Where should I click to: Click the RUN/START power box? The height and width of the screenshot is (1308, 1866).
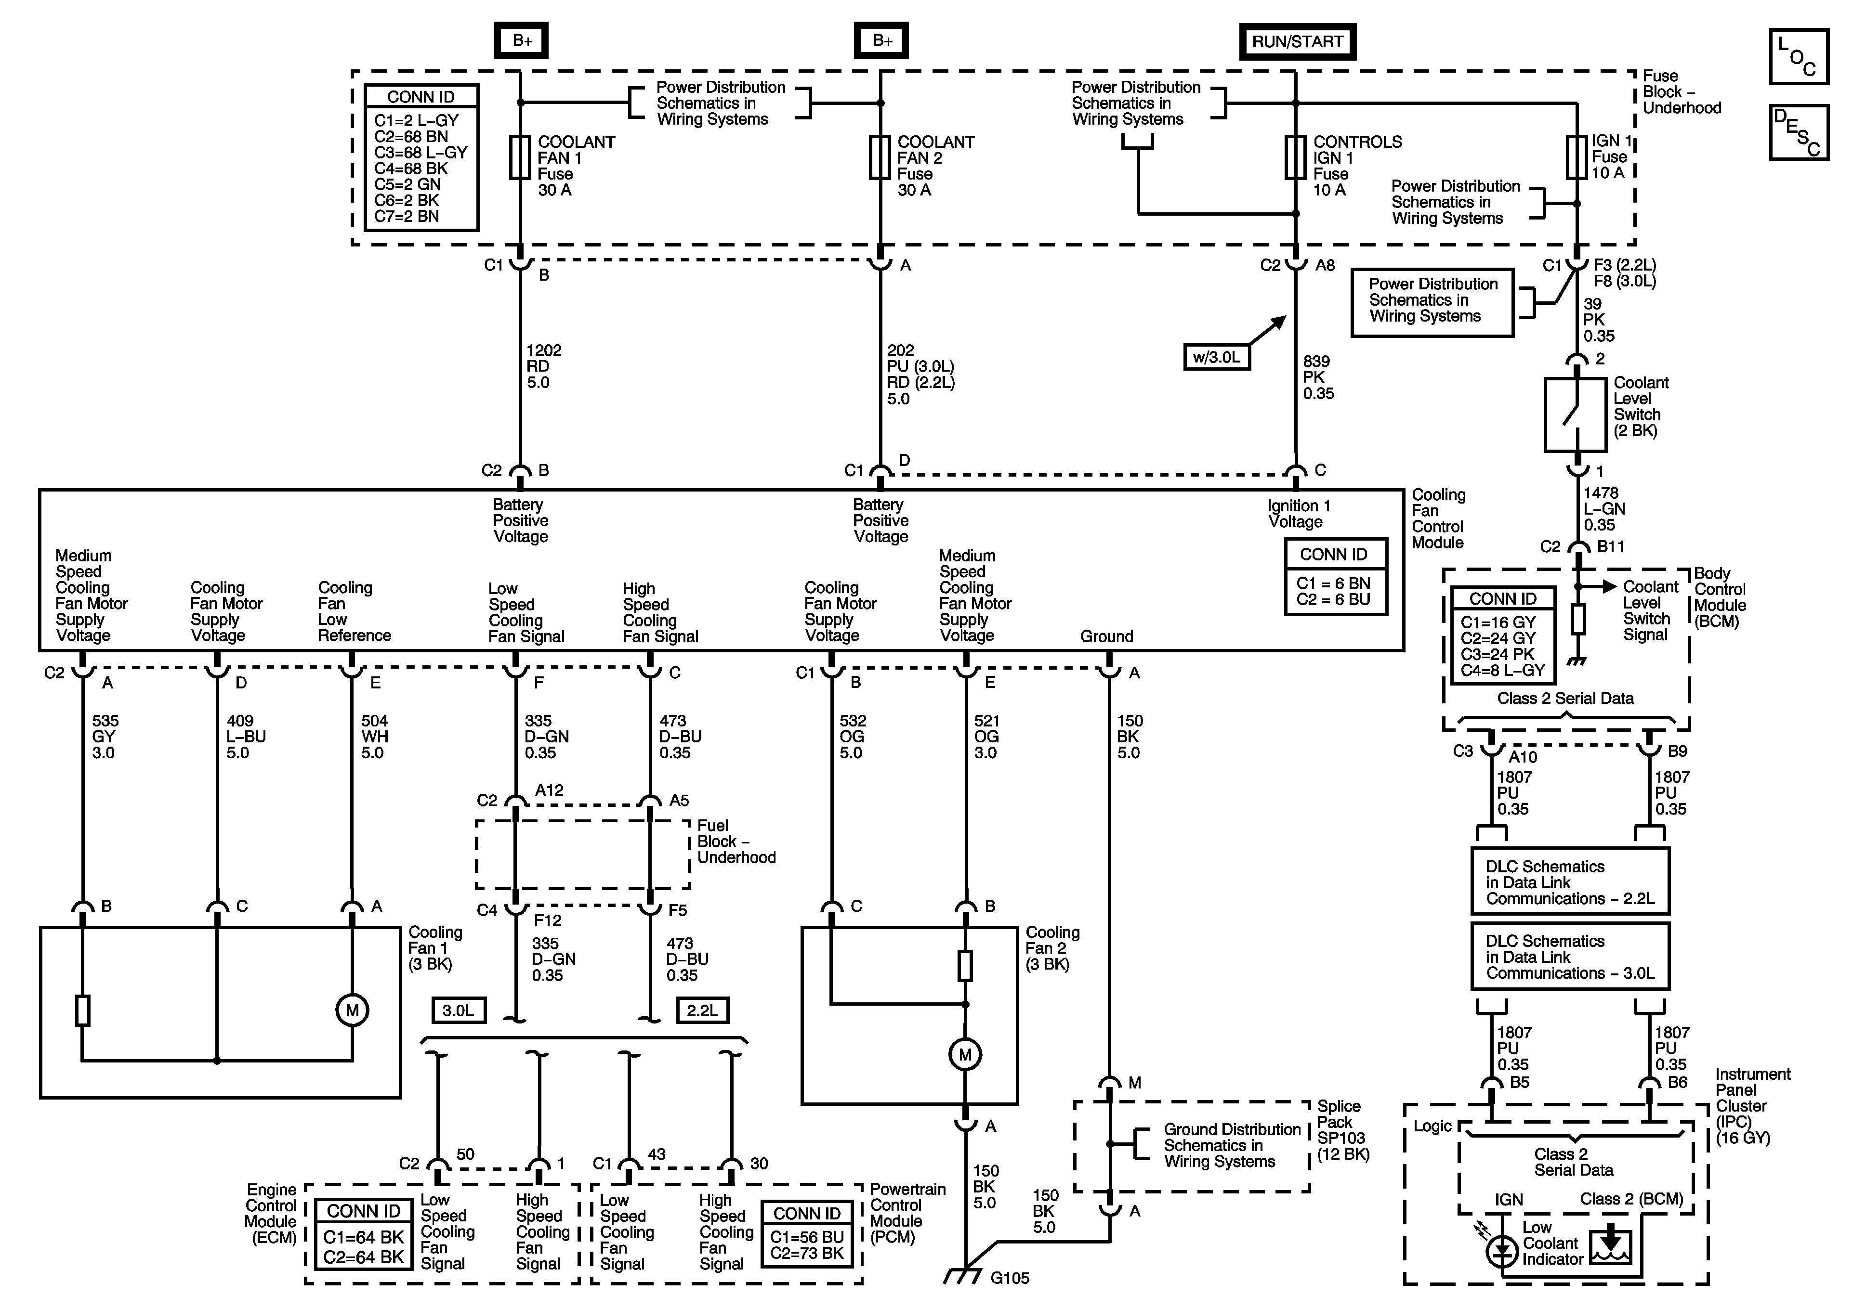coord(1297,41)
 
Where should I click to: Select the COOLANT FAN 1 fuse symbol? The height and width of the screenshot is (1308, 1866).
coord(520,157)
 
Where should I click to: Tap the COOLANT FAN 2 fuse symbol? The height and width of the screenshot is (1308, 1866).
coord(880,157)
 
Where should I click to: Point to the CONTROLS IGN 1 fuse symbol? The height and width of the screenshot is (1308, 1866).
coord(1296,157)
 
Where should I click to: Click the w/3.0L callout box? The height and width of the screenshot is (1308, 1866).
coord(1217,357)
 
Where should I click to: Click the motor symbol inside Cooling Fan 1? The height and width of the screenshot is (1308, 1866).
coord(352,1010)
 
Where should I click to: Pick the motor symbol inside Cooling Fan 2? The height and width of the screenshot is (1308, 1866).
coord(965,1054)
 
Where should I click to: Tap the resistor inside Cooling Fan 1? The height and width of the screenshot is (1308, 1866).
coord(82,1010)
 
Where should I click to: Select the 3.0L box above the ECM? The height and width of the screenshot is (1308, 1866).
coord(459,1010)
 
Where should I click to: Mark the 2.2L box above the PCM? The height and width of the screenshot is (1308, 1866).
coord(702,1010)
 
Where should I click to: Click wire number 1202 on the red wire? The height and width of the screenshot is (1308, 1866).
coord(544,350)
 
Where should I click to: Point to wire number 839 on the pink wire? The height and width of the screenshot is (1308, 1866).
coord(1316,361)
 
